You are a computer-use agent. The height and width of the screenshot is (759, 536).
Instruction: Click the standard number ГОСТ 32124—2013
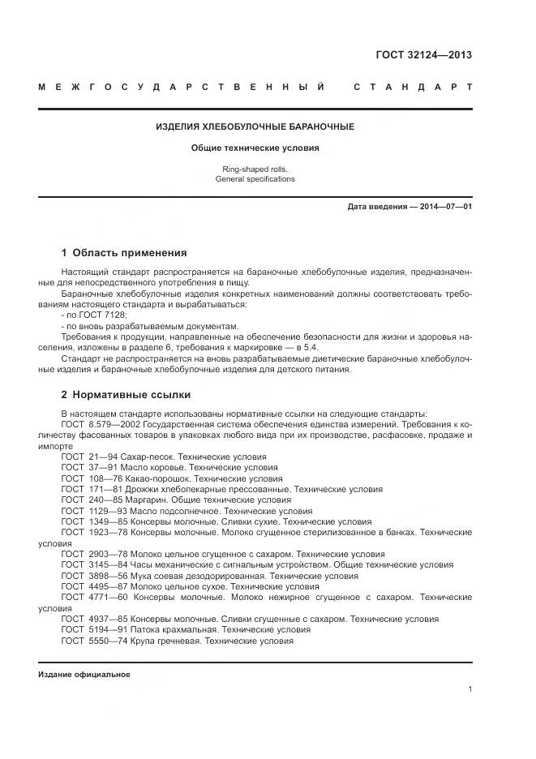423,56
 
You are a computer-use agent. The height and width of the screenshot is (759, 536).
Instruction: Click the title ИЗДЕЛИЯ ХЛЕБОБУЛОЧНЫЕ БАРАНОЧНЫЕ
255,127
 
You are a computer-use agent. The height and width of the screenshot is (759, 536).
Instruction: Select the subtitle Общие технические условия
255,148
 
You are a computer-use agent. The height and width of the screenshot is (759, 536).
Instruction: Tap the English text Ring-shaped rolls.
255,169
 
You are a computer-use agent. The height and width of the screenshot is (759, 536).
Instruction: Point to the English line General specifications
255,178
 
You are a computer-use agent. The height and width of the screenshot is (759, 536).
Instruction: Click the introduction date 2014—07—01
441,207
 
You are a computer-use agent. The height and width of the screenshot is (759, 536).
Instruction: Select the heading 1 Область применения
124,252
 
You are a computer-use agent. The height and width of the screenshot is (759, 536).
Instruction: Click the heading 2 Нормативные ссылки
126,395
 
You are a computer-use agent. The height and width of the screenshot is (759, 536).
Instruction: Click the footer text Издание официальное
84,675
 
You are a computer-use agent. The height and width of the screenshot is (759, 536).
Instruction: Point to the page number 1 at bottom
470,689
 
